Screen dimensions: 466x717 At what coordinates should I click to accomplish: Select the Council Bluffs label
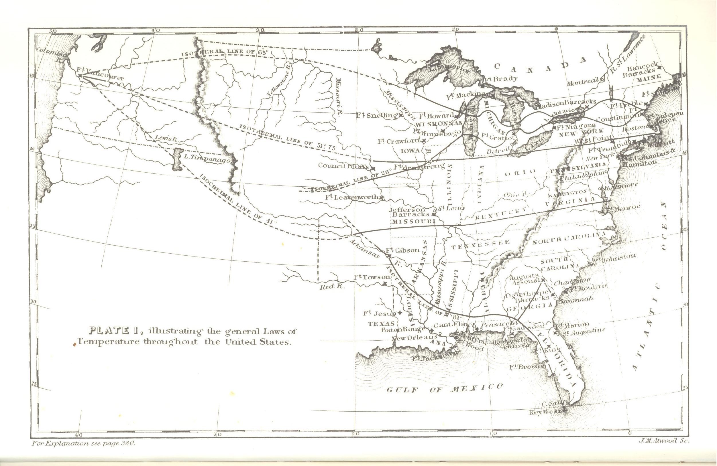343,166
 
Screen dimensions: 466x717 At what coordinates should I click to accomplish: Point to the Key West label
545,412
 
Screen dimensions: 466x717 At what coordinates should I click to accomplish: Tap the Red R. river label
332,287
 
